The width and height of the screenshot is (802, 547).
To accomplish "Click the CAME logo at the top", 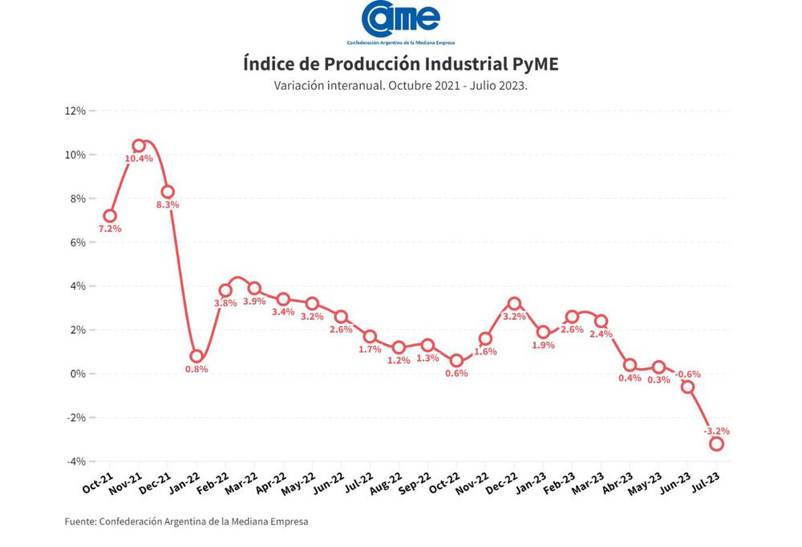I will [x=400, y=19].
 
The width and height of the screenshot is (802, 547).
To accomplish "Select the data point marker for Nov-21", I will [x=139, y=146].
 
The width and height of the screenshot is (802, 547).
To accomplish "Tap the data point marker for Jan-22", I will [x=196, y=356].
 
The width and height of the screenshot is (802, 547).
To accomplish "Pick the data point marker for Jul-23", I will [x=716, y=444].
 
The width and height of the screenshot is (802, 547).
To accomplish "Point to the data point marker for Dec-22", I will [x=514, y=304].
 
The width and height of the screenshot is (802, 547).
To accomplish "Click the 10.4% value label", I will [x=138, y=159].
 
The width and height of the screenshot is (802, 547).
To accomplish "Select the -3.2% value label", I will [x=716, y=431].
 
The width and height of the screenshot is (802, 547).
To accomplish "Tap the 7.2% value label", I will [x=110, y=229].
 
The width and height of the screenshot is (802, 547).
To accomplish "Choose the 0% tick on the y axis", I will [x=78, y=374].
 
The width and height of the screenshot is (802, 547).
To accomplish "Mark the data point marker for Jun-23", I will [x=687, y=387].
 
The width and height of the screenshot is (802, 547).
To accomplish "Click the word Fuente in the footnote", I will [x=80, y=521].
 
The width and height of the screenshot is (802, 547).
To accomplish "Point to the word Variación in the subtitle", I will [x=299, y=85].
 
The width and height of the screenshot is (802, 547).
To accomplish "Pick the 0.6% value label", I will [x=456, y=373].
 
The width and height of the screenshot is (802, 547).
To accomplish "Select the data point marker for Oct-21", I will [x=110, y=216].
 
